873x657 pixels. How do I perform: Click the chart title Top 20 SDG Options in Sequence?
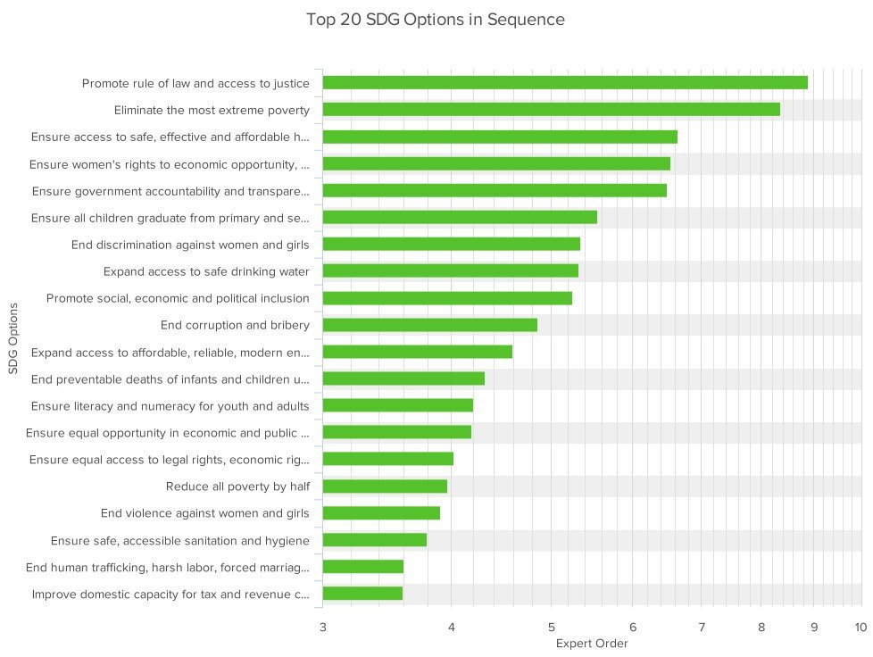point(436,19)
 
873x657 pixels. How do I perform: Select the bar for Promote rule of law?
point(564,83)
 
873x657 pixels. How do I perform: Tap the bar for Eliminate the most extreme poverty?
point(551,110)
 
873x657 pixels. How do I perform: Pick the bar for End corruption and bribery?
point(429,325)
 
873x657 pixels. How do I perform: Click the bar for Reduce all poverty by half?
point(385,487)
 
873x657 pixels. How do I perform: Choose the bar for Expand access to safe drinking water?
point(450,271)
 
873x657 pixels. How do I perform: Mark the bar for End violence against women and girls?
point(381,513)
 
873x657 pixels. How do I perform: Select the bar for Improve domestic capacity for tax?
point(362,594)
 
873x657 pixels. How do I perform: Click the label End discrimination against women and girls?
point(190,245)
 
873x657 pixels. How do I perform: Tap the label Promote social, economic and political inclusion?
point(178,298)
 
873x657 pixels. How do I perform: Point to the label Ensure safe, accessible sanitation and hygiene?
point(180,540)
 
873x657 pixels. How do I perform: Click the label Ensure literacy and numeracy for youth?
point(170,406)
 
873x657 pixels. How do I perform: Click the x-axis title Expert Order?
point(592,644)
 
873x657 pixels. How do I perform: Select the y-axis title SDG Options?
point(13,338)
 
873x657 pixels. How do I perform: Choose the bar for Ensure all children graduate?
point(459,217)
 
